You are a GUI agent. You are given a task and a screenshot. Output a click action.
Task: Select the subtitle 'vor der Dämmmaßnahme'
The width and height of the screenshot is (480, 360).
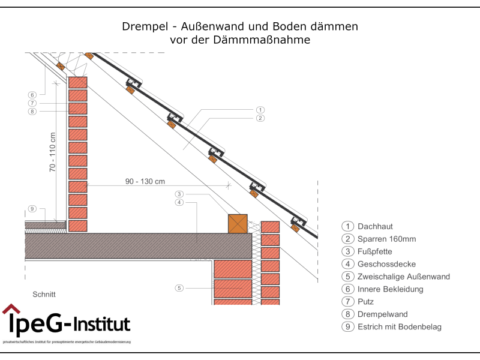tap(240, 41)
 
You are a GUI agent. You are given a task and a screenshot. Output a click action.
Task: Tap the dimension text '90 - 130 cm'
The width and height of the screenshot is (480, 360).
tap(145, 181)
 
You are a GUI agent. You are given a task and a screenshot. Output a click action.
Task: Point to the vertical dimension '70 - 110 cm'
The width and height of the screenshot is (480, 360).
tap(53, 153)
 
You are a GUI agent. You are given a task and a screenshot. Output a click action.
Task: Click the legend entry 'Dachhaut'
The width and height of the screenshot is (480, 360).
tap(375, 226)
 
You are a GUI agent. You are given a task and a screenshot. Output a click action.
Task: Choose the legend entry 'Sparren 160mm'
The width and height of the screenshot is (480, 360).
tap(386, 239)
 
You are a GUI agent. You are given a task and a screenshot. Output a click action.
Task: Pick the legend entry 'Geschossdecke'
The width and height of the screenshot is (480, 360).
tap(386, 264)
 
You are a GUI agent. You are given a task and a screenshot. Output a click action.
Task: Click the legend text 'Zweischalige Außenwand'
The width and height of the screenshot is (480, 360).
tap(403, 277)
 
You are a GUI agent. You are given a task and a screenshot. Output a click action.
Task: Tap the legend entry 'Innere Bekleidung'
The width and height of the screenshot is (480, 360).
tap(390, 289)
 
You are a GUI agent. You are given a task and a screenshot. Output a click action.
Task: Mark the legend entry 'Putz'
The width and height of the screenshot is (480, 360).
tap(366, 302)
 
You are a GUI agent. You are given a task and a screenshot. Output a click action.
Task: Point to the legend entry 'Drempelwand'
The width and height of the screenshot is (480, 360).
tap(382, 314)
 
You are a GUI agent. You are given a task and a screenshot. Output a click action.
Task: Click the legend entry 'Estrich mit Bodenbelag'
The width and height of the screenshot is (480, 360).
tap(399, 327)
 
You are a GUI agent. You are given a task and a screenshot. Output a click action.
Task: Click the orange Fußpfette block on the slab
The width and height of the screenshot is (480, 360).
tap(238, 223)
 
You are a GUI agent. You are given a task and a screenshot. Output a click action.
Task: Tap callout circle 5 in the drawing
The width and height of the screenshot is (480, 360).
tap(179, 288)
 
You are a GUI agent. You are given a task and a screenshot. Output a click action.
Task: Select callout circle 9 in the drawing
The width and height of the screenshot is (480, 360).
tap(32, 209)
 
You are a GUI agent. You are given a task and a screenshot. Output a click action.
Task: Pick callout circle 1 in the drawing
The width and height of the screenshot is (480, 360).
tap(260, 110)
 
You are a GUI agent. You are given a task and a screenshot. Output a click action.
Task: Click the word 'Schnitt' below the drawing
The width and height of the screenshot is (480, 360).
tap(44, 295)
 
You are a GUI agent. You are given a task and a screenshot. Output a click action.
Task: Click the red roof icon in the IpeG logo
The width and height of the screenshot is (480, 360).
tap(11, 309)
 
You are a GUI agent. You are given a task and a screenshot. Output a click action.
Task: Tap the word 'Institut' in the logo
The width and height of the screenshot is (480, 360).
tap(102, 325)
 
